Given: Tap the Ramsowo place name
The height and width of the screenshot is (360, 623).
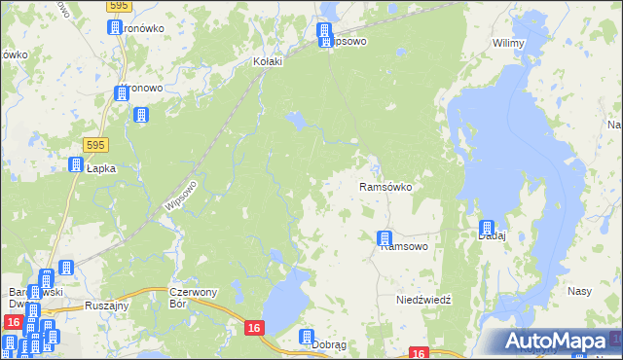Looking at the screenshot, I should coord(405,247).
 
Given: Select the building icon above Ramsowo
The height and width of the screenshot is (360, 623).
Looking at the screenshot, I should coord(385,237).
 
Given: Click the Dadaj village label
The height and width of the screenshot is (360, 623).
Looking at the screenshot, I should coord(489,235).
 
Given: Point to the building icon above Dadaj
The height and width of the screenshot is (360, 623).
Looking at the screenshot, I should coord(487,227).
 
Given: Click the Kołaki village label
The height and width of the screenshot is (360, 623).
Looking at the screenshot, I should coord(267,61).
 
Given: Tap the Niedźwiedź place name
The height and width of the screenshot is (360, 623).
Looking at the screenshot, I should coord(423,300).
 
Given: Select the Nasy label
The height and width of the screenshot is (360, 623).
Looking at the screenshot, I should coord(580,292).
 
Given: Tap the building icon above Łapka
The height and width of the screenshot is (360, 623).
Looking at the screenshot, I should coord(75,166).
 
